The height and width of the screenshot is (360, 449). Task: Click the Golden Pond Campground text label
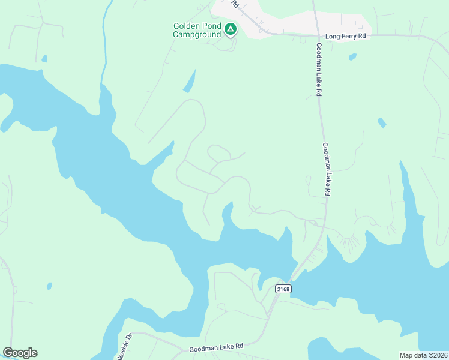point(197,30)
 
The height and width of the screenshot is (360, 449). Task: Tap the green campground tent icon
point(230,28)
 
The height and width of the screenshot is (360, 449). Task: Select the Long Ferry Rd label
point(345,37)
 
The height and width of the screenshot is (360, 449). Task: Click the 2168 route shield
point(283,289)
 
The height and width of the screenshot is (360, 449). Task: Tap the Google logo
point(20,353)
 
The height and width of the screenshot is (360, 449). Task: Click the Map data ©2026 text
point(423,355)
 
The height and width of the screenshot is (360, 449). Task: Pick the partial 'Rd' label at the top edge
point(235,4)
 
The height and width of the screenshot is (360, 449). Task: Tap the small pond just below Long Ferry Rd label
point(352,57)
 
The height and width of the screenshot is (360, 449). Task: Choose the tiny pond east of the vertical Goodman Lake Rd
point(381,123)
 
